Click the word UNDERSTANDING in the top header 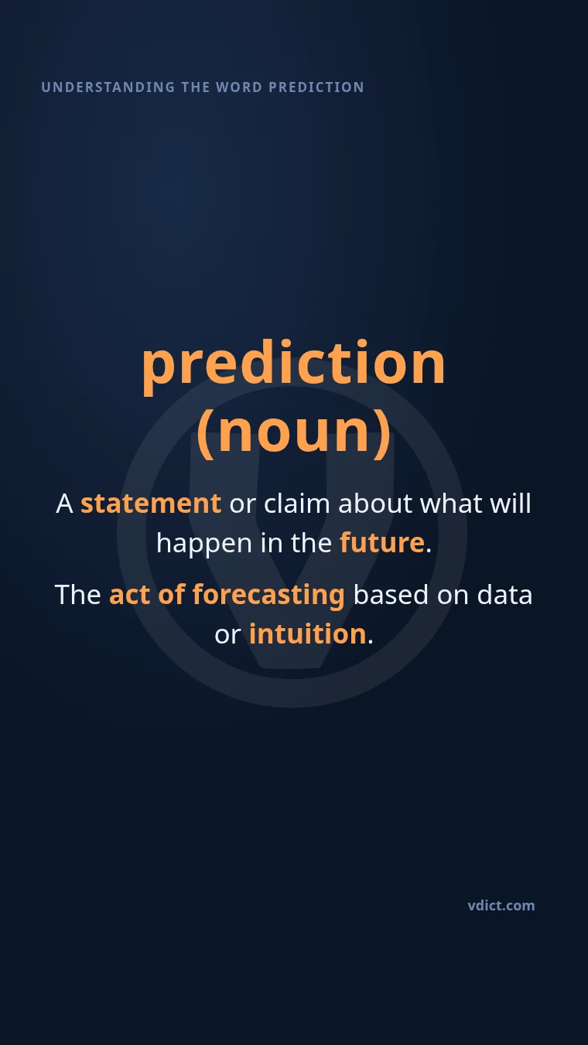coord(108,87)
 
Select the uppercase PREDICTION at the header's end coord(316,87)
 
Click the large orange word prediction coord(293,364)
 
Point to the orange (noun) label coord(293,432)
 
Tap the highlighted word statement coord(151,504)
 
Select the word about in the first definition coord(375,504)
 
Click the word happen coord(204,544)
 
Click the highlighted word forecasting coord(268,596)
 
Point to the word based coord(391,595)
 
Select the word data coord(504,595)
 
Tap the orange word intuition coord(307,633)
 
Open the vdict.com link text coord(501,906)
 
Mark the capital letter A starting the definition coord(64,504)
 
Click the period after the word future coord(429,551)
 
